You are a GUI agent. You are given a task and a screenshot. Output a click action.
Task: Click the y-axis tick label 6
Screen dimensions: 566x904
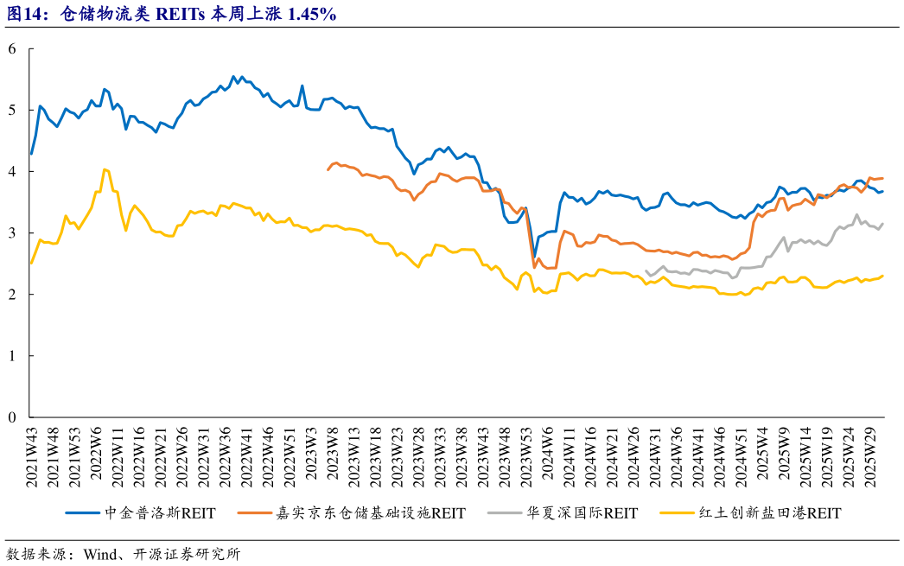pyautogui.click(x=12, y=49)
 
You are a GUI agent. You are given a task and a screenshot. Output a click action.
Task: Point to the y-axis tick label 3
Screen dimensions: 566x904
pyautogui.click(x=12, y=233)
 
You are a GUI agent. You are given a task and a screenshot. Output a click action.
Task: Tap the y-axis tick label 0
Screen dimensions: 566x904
pyautogui.click(x=12, y=417)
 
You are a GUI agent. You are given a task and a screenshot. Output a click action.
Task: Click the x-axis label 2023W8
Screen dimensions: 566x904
pyautogui.click(x=330, y=455)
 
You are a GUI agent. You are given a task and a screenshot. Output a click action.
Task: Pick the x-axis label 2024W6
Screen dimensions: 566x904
pyautogui.click(x=546, y=455)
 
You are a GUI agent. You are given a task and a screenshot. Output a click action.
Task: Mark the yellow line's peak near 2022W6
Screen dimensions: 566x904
pyautogui.click(x=104, y=169)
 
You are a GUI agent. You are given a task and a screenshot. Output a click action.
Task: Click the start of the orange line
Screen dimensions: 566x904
pyautogui.click(x=328, y=170)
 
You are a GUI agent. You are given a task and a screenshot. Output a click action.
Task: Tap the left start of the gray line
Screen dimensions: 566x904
pyautogui.click(x=646, y=270)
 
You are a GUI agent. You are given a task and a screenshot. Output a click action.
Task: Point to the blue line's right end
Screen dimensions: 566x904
pyautogui.click(x=882, y=191)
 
